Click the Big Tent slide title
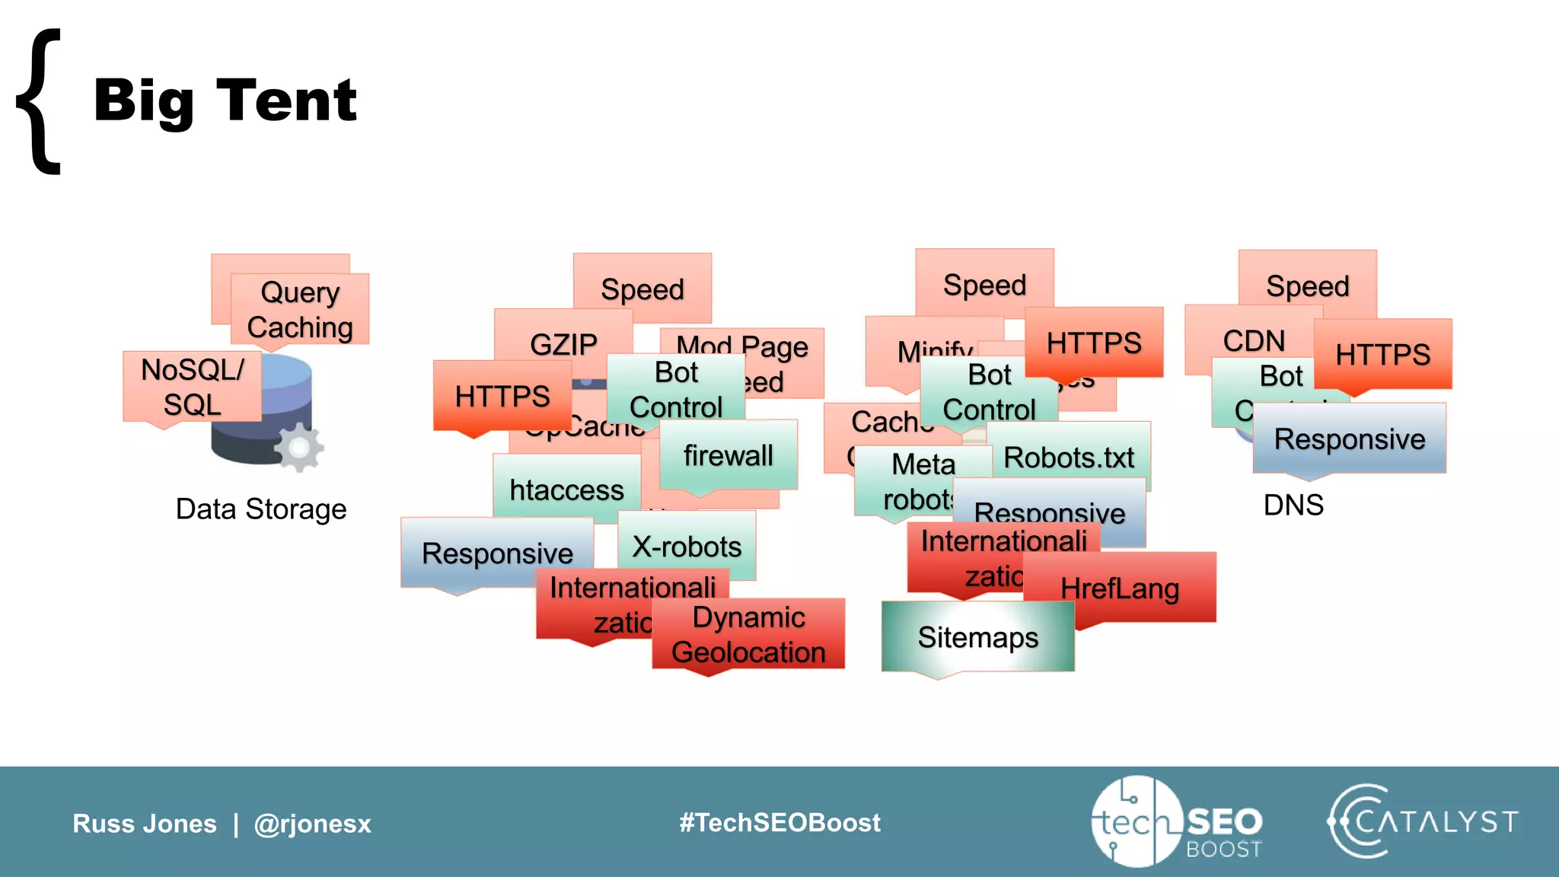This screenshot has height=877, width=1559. point(225,100)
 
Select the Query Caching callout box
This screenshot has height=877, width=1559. point(300,309)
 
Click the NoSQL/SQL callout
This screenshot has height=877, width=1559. point(192,387)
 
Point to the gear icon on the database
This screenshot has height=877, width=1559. point(299,448)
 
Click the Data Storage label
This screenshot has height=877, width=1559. point(261,509)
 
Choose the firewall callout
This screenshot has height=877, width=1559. point(728,455)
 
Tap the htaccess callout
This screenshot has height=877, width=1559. point(566,490)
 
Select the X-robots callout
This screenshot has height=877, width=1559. point(687,547)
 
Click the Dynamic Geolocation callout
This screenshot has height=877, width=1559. point(748,634)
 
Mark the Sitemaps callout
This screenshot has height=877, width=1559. point(977,637)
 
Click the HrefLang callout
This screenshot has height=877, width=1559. point(1119,588)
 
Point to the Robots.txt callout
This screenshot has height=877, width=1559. point(1069,458)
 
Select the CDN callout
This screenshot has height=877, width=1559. point(1253,340)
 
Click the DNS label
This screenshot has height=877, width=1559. point(1293,505)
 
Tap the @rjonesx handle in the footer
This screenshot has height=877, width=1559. point(312,824)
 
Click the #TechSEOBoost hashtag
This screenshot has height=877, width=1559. point(779,822)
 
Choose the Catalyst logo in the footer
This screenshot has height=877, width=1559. point(1423,821)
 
